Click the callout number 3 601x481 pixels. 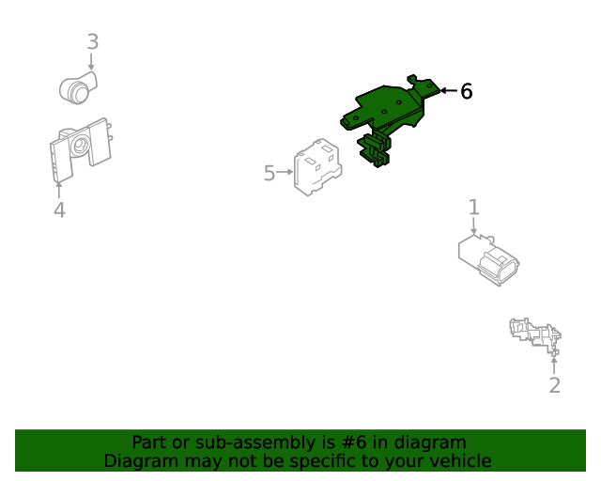click(x=93, y=41)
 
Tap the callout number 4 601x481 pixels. click(x=59, y=209)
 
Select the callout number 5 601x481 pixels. click(x=270, y=173)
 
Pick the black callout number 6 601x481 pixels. click(x=466, y=91)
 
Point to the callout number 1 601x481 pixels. click(x=474, y=207)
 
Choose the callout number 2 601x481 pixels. click(x=555, y=385)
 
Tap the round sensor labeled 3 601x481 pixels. click(x=78, y=87)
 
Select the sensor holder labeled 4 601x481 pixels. click(x=81, y=149)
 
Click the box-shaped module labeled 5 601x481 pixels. click(x=317, y=167)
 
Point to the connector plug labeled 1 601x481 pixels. click(x=488, y=260)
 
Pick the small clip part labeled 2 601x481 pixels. click(x=535, y=335)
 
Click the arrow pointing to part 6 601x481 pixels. click(x=449, y=90)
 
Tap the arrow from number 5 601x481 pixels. click(x=285, y=172)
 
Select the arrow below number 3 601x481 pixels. click(x=91, y=62)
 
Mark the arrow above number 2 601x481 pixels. click(x=554, y=365)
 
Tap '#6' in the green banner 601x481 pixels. click(x=354, y=442)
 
